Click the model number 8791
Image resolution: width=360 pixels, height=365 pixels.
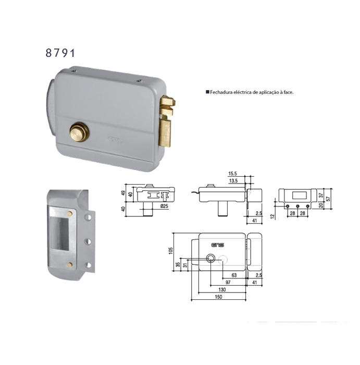click(x=60, y=53)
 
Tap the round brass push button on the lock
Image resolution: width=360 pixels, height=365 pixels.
click(x=80, y=132)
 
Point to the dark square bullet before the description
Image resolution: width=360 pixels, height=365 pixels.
click(x=207, y=92)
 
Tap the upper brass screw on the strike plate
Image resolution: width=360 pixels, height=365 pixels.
click(x=69, y=214)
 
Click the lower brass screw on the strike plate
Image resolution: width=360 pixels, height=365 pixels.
click(x=69, y=264)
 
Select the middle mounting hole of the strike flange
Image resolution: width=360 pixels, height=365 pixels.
click(x=88, y=241)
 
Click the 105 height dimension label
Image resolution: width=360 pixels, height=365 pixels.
click(x=171, y=251)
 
